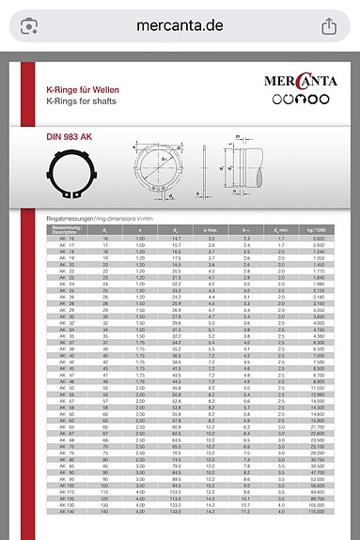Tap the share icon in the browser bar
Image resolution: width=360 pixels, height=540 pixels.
tap(330, 25)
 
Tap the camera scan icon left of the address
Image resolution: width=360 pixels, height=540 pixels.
tap(30, 25)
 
